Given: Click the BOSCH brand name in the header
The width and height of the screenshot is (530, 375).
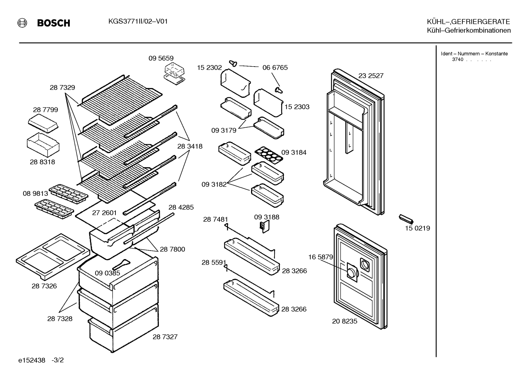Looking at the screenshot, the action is (54, 23).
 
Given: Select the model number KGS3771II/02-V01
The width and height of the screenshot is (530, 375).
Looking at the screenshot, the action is (138, 21).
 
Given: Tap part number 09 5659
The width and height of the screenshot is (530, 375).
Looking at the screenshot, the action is (161, 58).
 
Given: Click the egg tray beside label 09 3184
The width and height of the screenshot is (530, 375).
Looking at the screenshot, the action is (269, 155).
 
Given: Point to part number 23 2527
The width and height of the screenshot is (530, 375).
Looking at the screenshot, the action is (371, 75).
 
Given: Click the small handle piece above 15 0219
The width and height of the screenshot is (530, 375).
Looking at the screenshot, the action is (406, 219).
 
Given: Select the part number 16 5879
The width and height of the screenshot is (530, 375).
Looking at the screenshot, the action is (320, 257).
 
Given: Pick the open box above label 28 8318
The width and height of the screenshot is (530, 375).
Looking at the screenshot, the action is (43, 145).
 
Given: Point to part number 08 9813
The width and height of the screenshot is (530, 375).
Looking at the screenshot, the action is (35, 194).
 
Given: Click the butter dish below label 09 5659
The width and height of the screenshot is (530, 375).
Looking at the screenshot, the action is (174, 74).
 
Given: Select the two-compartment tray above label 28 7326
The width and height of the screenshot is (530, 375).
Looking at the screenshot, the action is (53, 257).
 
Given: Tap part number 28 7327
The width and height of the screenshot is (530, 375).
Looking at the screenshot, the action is (165, 337).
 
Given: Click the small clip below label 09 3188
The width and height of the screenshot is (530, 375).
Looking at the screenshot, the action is (265, 226).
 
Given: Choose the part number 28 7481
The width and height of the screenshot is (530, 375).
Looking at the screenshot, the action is (215, 219).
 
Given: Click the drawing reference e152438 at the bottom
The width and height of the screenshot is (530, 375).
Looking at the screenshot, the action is (32, 360).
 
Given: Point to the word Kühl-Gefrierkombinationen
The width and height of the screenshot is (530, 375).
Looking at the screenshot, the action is (469, 30).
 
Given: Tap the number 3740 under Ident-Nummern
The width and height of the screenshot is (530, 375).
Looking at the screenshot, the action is (458, 60).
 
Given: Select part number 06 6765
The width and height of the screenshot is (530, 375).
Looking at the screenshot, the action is (275, 67).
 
